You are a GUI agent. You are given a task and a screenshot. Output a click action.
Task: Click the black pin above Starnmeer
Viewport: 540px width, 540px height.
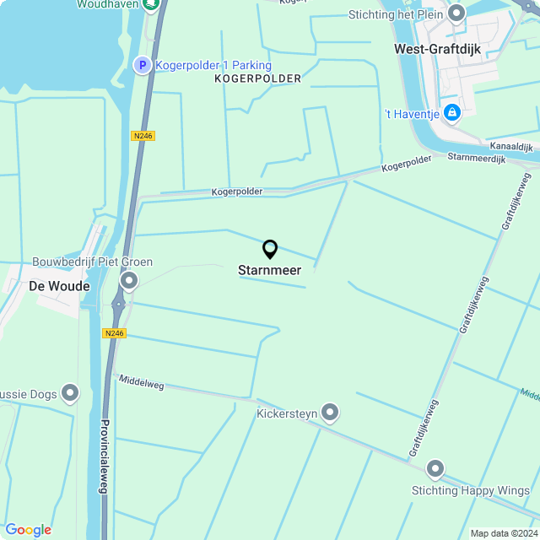pyautogui.click(x=270, y=250)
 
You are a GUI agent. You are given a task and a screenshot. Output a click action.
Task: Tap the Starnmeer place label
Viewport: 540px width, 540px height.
pyautogui.click(x=269, y=271)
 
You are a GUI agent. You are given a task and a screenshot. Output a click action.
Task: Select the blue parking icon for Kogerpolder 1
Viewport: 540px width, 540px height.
pyautogui.click(x=143, y=65)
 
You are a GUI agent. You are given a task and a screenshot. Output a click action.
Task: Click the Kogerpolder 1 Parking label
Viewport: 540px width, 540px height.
pyautogui.click(x=213, y=65)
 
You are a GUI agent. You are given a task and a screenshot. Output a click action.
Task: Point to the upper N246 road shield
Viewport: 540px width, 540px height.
pyautogui.click(x=143, y=135)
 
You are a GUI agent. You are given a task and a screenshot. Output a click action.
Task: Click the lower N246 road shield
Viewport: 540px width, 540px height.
pyautogui.click(x=114, y=333)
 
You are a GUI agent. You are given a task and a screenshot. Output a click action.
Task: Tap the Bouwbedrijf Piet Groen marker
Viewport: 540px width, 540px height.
pyautogui.click(x=129, y=280)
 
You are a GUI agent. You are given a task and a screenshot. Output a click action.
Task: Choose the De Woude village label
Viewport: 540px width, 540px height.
pyautogui.click(x=59, y=287)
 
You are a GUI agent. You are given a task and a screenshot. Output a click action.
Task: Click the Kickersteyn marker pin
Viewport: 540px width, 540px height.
pyautogui.click(x=330, y=412)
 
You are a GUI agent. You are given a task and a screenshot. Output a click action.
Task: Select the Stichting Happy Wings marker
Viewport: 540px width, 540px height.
pyautogui.click(x=435, y=469)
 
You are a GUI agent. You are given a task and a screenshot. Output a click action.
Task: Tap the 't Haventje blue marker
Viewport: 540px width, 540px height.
pyautogui.click(x=452, y=112)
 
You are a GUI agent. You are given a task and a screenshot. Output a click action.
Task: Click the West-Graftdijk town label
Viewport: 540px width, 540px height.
pyautogui.click(x=437, y=49)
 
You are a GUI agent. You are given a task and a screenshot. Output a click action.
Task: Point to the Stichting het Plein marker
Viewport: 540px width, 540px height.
pyautogui.click(x=456, y=13)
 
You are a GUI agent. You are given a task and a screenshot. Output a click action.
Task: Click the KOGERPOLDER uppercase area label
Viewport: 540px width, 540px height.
pyautogui.click(x=257, y=78)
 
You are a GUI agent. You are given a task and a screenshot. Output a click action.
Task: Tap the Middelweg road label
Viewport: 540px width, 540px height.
pyautogui.click(x=141, y=382)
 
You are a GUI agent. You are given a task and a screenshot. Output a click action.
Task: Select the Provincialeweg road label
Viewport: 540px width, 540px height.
pyautogui.click(x=105, y=456)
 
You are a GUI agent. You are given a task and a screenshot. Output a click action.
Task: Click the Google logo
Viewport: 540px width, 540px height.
pyautogui.click(x=28, y=529)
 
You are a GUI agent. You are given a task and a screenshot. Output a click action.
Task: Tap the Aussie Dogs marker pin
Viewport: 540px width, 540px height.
pyautogui.click(x=69, y=394)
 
